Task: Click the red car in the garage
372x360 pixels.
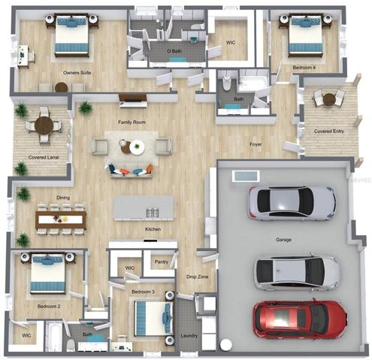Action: coord(300,319)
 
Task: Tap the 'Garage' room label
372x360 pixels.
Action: coord(283,240)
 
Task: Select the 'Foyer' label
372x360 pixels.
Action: coord(256,144)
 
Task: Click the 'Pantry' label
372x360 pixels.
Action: coord(162,262)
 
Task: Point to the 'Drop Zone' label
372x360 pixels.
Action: coord(197,277)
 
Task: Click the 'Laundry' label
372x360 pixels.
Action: coord(189,336)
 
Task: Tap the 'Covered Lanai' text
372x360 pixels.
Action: coord(44,158)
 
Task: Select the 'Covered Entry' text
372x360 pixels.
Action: coord(329,132)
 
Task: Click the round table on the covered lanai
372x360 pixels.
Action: coord(44,125)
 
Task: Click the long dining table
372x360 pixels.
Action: coord(61,219)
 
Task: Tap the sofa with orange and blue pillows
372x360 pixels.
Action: coord(132,171)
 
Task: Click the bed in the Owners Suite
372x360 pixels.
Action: coord(71,35)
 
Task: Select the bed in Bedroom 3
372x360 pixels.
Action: coord(154,319)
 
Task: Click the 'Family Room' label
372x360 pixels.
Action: coord(132,123)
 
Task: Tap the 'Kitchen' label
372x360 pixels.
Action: coord(153,229)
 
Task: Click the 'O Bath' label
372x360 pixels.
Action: coord(174,51)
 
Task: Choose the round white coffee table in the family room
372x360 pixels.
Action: coord(137,147)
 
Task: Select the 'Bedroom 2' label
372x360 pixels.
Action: coord(49,307)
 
